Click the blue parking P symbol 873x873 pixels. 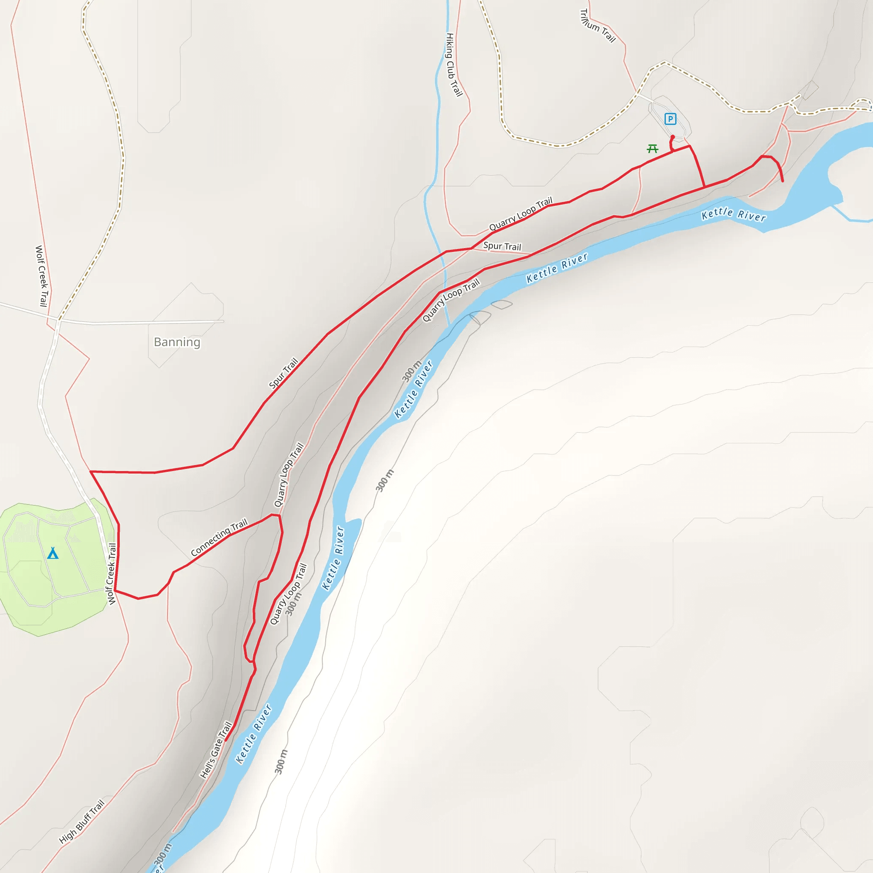[x=670, y=119]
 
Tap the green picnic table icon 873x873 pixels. [x=652, y=149]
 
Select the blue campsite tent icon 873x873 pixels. [x=53, y=552]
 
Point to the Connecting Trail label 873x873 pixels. [x=219, y=537]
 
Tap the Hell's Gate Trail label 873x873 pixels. [x=216, y=750]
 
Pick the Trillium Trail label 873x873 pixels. [x=597, y=26]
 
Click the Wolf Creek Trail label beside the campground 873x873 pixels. [x=111, y=573]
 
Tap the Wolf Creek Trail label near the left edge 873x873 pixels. [x=42, y=276]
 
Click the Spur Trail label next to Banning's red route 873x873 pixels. [x=283, y=373]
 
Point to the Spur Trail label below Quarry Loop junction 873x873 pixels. [x=502, y=246]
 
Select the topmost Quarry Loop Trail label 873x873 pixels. [x=520, y=213]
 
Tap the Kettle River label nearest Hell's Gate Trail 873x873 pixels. [x=254, y=733]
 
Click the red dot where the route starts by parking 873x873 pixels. [x=672, y=137]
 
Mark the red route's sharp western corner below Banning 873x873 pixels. [x=91, y=472]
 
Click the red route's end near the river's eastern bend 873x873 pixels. [x=783, y=181]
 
